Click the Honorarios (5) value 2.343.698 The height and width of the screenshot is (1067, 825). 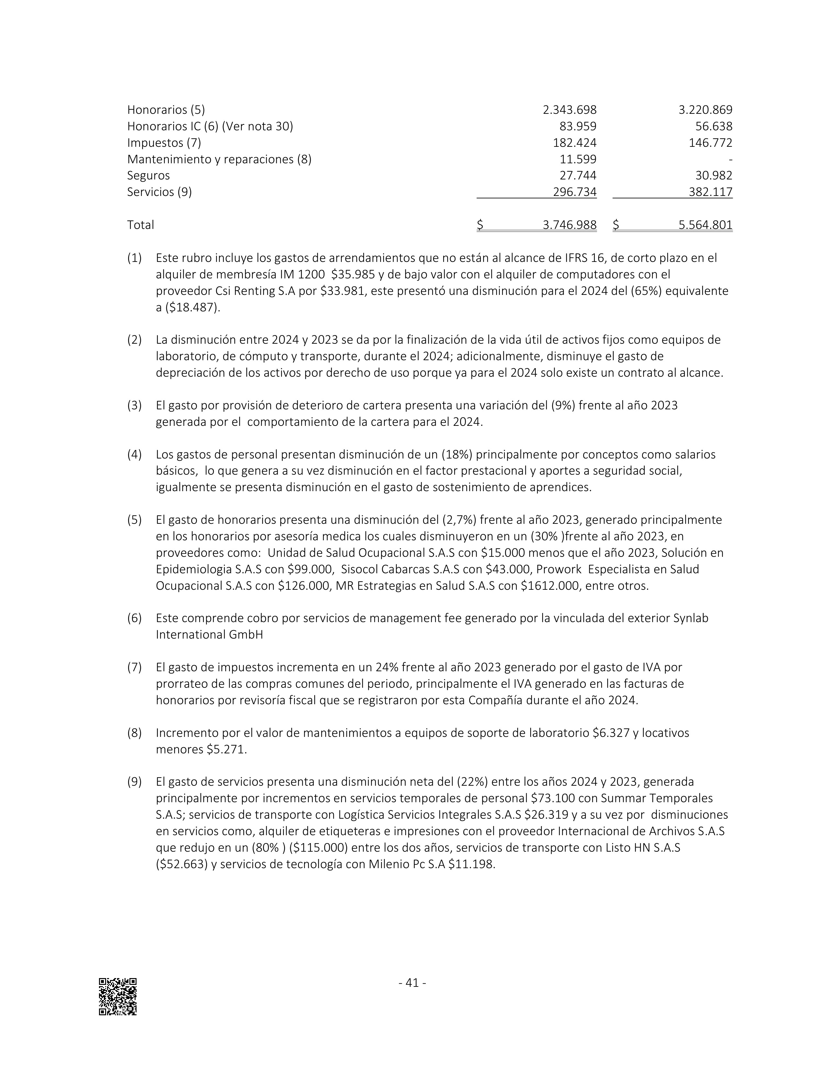[569, 110]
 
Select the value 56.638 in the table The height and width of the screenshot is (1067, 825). [714, 126]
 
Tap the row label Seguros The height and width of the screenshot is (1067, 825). [148, 175]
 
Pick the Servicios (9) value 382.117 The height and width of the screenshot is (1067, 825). [711, 192]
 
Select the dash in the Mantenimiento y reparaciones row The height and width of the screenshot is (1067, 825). [730, 160]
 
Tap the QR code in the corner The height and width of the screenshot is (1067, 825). [118, 997]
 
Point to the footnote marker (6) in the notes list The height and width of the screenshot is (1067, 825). [134, 618]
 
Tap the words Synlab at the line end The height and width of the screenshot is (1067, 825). [691, 618]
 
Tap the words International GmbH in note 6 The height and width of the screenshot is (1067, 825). [209, 635]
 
